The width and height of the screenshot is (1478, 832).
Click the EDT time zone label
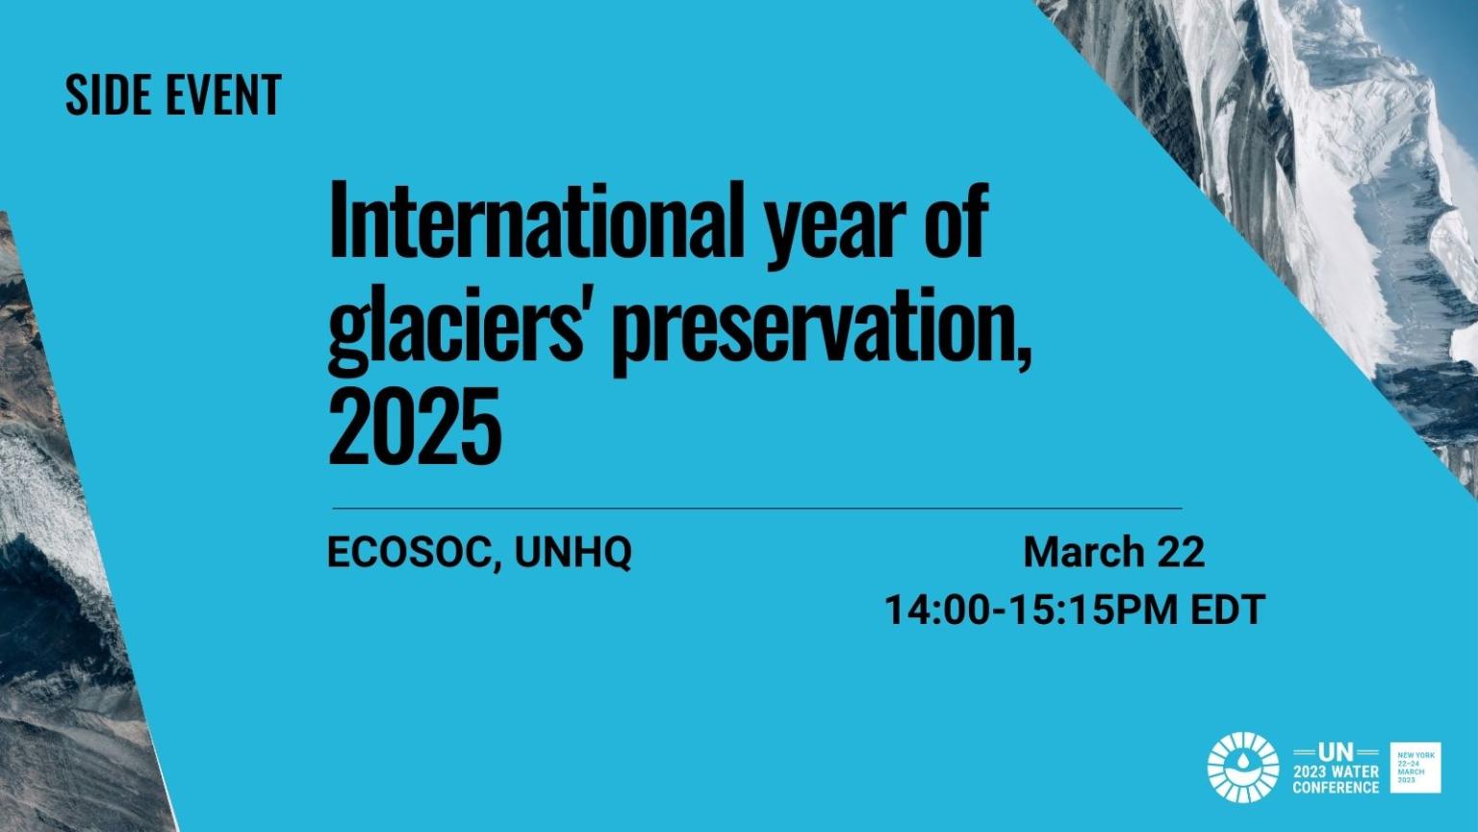pyautogui.click(x=1227, y=610)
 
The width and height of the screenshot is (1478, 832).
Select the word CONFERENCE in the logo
pyautogui.click(x=1335, y=787)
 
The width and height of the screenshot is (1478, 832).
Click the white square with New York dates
pyautogui.click(x=1415, y=767)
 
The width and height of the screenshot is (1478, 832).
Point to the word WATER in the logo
pyautogui.click(x=1356, y=772)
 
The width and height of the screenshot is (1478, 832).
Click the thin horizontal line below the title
pyautogui.click(x=756, y=507)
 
